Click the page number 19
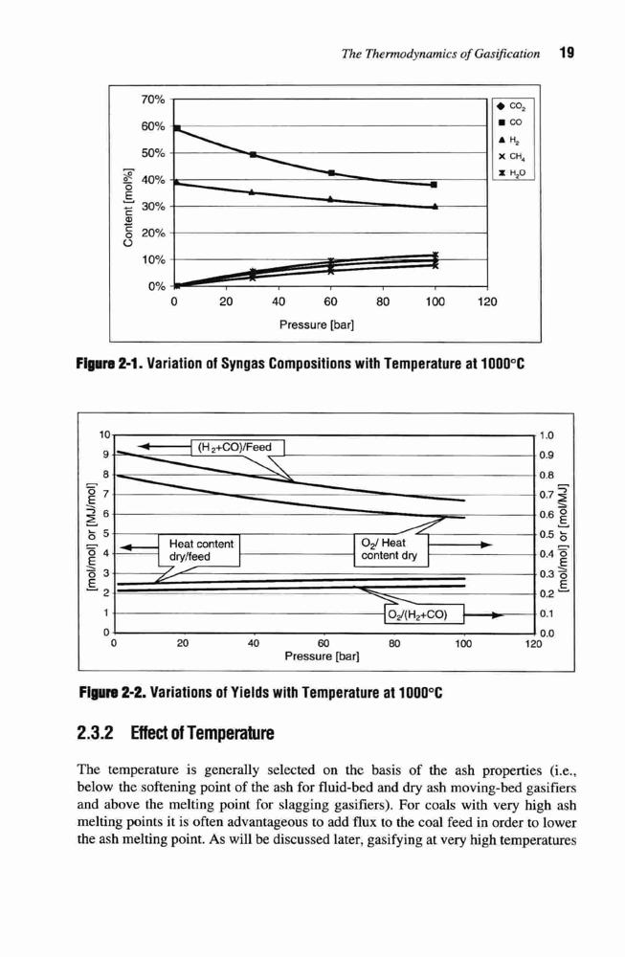[x=567, y=53]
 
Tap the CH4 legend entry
[x=511, y=156]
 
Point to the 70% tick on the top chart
[x=153, y=100]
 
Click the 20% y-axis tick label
[x=153, y=234]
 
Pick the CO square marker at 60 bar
[x=331, y=172]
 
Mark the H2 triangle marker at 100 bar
[x=435, y=207]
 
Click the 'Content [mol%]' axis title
[x=128, y=208]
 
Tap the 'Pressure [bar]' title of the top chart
[x=317, y=324]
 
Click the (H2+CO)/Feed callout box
[x=238, y=447]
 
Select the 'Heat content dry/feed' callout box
[x=200, y=550]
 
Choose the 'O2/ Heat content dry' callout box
[x=391, y=549]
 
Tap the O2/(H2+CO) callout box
[x=424, y=614]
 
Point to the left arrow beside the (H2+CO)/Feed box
[x=165, y=446]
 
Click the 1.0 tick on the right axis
[x=547, y=435]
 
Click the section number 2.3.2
[x=97, y=732]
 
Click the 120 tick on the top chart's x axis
[x=487, y=301]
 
